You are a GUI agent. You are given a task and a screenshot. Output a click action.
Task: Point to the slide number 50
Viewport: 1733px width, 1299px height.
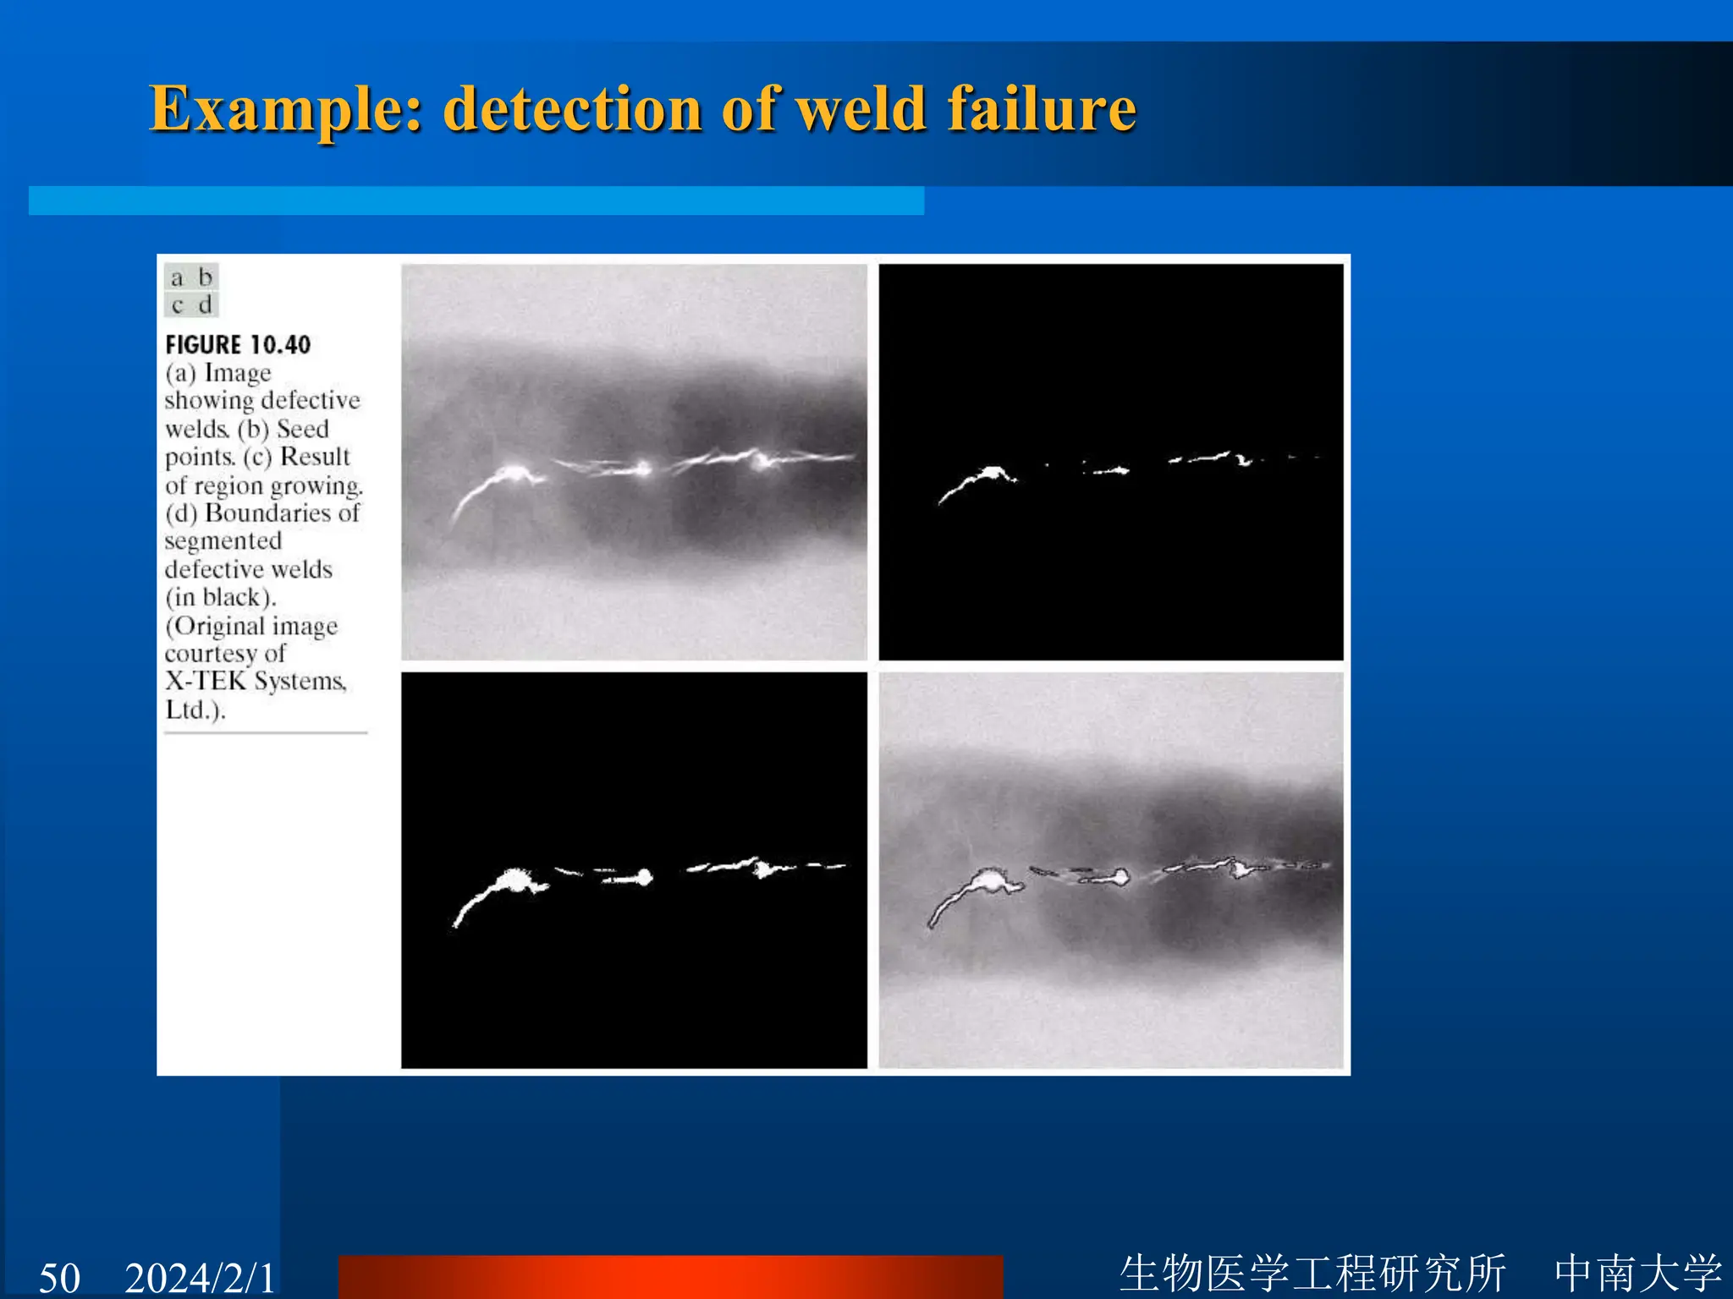(x=59, y=1276)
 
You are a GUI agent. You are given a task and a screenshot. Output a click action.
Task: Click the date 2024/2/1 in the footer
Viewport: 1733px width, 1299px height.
(x=200, y=1276)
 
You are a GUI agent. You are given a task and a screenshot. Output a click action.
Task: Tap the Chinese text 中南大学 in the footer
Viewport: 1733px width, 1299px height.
(x=1637, y=1273)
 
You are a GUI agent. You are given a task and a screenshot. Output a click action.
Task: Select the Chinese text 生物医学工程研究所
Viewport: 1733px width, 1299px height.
(x=1312, y=1273)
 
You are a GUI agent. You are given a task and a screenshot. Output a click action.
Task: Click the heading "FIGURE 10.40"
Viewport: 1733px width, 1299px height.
(x=238, y=345)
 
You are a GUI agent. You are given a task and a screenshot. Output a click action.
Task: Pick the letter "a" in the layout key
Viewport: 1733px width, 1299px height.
(x=177, y=278)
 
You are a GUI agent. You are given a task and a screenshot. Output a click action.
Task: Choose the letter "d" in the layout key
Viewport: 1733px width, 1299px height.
(x=205, y=304)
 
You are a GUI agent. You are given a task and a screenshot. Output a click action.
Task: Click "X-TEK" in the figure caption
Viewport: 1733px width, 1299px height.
(x=205, y=682)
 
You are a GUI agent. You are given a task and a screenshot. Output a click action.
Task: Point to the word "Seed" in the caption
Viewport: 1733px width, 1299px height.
(x=302, y=429)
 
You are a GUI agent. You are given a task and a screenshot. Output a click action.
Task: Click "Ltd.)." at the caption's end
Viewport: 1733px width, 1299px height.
(x=195, y=710)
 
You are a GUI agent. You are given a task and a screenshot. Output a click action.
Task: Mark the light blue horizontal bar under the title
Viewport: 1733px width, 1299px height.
(x=476, y=200)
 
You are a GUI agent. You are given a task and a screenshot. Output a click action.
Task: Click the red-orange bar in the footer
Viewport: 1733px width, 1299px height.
(x=670, y=1277)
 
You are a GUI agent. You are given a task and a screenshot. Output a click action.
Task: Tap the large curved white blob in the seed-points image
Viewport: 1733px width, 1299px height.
(x=982, y=480)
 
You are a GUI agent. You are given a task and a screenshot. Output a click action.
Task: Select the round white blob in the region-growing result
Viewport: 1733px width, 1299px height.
(x=644, y=876)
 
